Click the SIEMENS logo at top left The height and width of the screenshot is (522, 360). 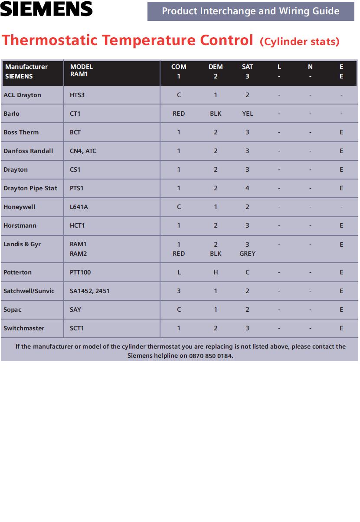coord(46,9)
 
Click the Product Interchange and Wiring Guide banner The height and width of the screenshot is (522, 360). coord(251,11)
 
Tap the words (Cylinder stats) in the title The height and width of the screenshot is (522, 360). coord(299,42)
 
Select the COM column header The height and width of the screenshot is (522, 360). coord(179,67)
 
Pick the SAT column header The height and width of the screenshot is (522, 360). coord(247,67)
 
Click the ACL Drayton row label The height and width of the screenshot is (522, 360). coord(22,95)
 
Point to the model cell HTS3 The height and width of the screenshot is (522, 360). coord(77,95)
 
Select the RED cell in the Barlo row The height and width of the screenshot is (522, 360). coord(179,114)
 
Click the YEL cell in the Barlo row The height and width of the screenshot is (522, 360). coord(247,114)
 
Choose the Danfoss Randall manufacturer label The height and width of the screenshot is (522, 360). coord(28,151)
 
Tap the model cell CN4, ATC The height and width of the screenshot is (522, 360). coord(83,151)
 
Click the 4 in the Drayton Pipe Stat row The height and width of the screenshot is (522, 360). coord(247,188)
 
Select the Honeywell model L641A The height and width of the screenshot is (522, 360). coord(79,207)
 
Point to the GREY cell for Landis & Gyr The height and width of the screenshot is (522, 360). coord(247,254)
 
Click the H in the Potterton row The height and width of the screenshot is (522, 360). coord(216,272)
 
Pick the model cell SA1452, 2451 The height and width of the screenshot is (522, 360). coord(90,291)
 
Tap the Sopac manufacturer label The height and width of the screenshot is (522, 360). coord(12,310)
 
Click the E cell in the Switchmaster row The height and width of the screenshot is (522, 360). coord(341,328)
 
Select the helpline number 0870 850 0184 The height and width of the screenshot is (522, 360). coord(211,356)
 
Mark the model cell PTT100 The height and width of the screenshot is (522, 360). coord(80,272)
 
